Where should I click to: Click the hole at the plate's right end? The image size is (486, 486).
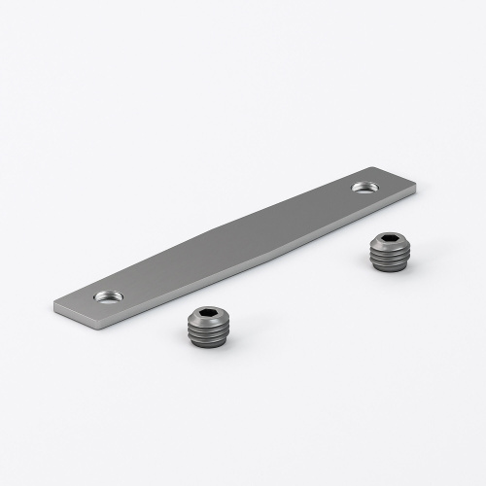point(366,185)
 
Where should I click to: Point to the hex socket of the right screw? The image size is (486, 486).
point(388,240)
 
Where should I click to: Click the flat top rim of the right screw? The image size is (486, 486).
point(376,240)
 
